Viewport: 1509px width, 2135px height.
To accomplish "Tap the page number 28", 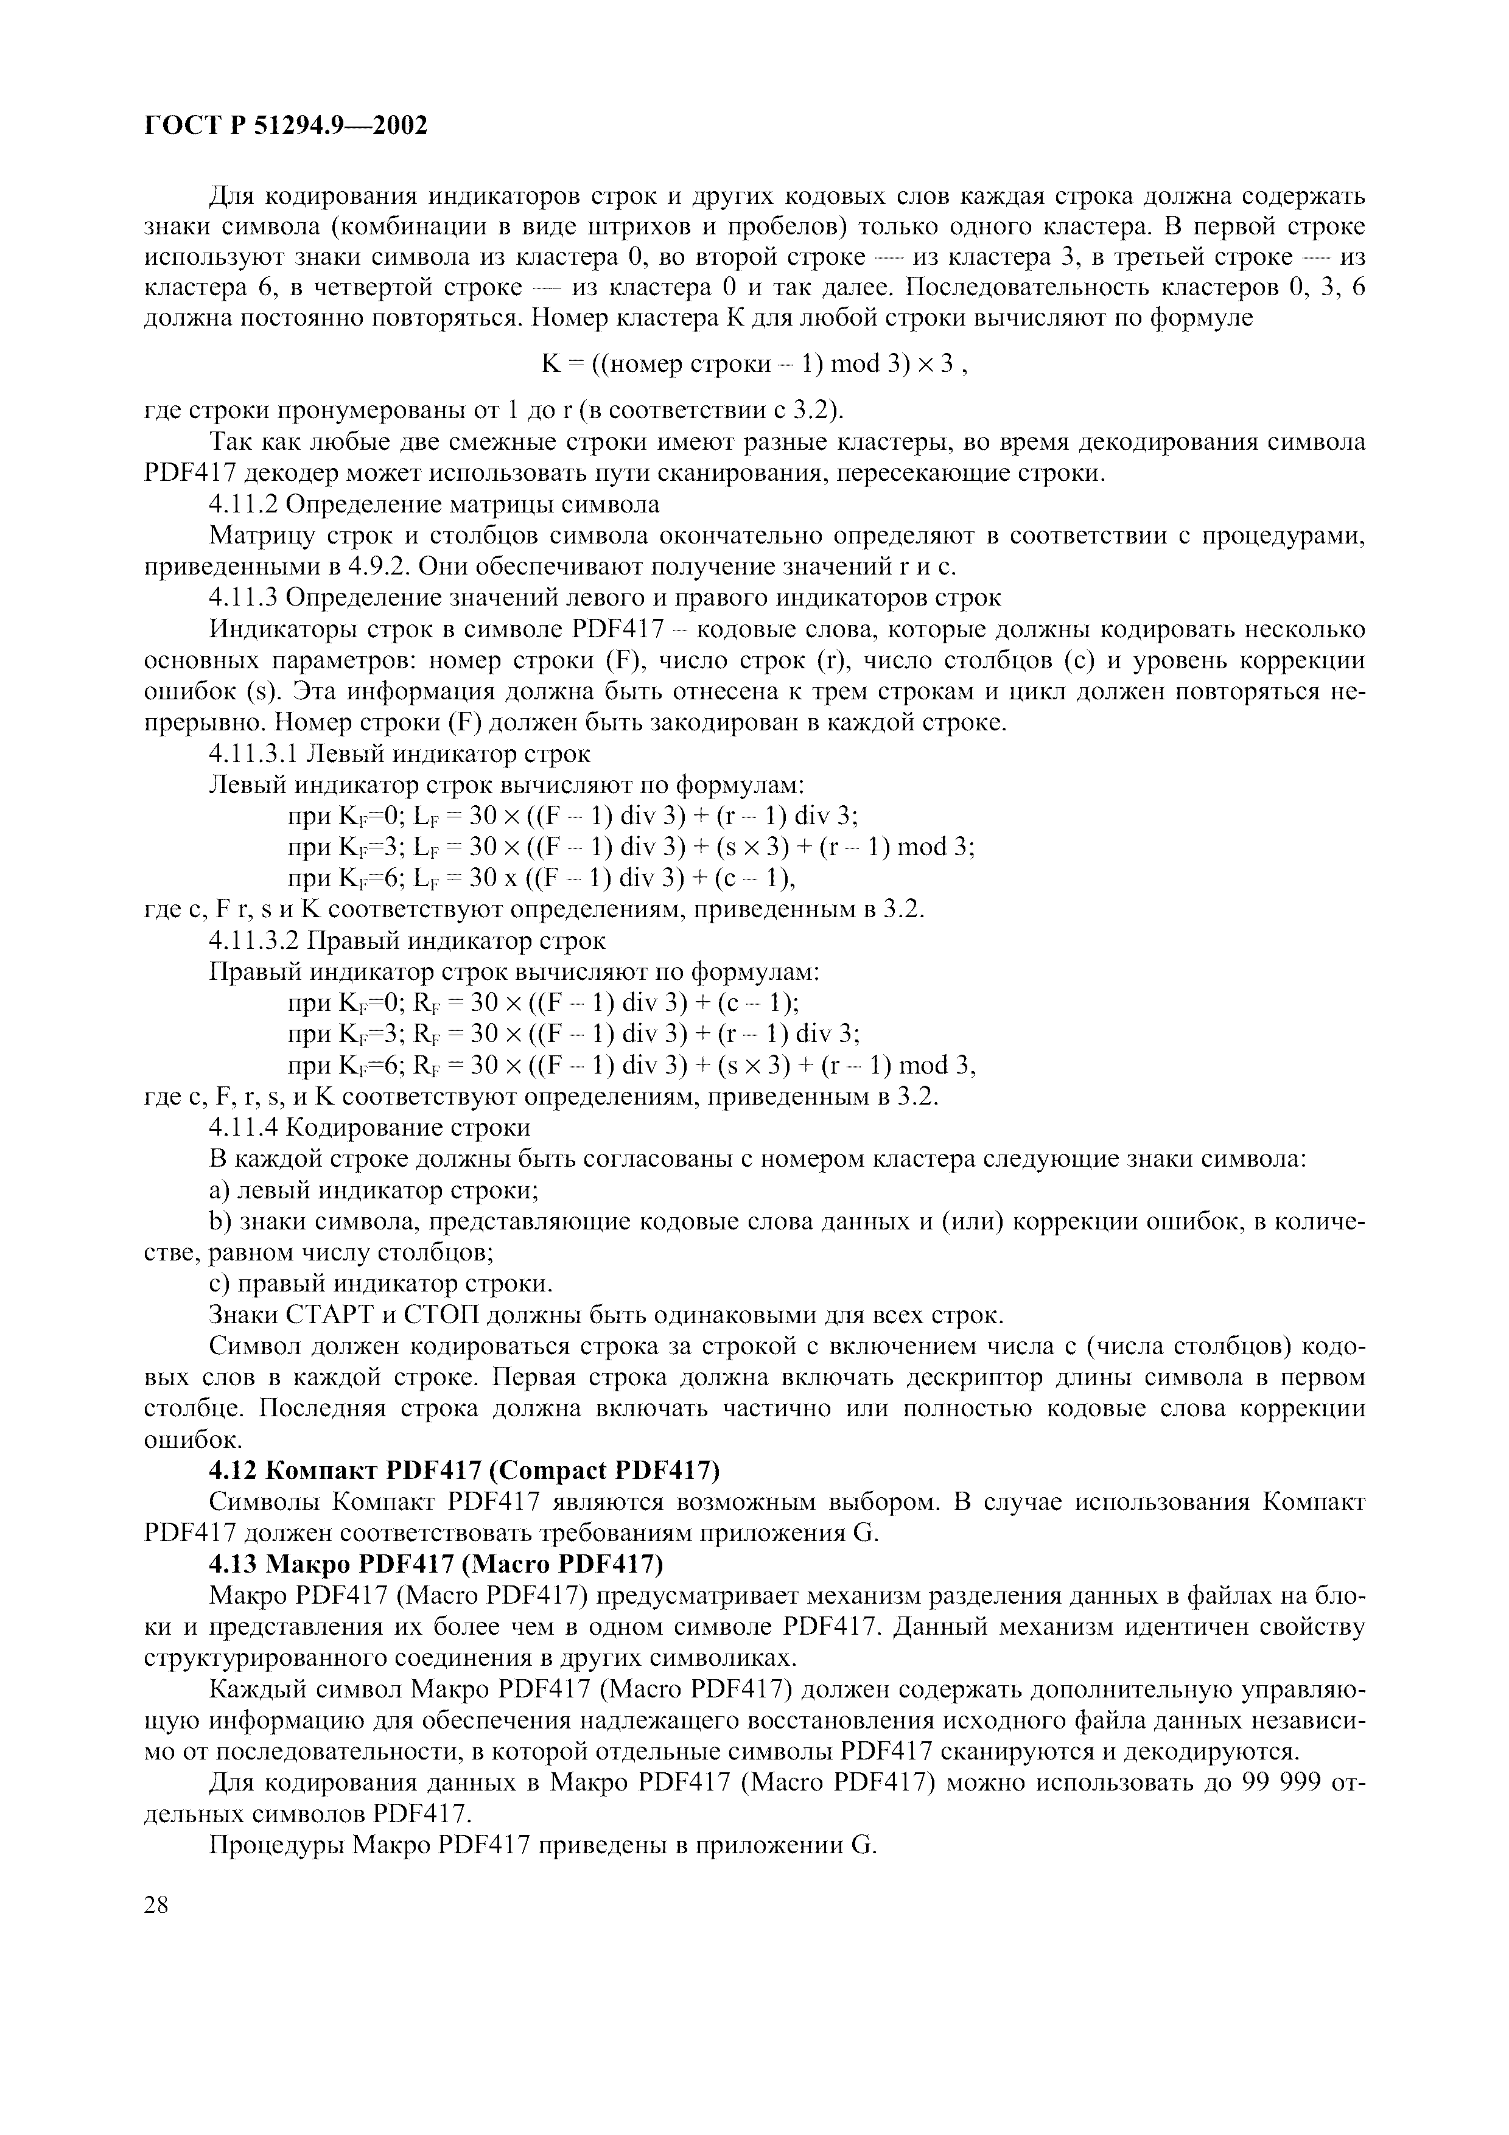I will pos(157,1904).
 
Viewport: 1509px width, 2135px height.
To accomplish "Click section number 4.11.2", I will pos(243,505).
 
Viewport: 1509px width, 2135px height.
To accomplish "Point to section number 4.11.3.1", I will pos(253,754).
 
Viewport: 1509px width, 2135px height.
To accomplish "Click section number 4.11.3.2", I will pos(253,941).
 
